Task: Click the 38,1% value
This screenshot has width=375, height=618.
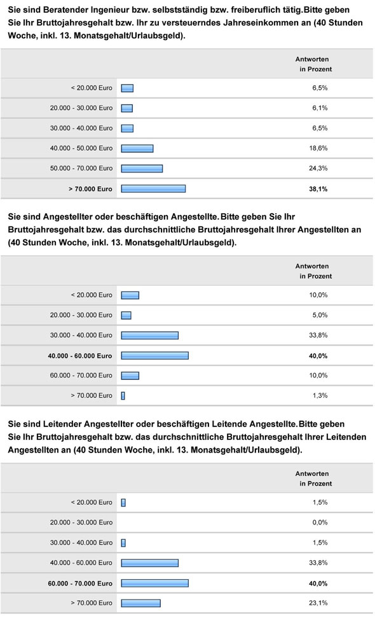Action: coord(319,188)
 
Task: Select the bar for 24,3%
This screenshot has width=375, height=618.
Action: coord(142,168)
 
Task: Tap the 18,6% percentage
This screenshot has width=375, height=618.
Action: coord(319,148)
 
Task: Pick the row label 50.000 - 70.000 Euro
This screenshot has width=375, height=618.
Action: coord(81,168)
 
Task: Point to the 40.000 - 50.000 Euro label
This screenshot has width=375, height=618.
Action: coord(81,148)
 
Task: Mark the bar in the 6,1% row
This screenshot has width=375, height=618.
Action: coord(126,108)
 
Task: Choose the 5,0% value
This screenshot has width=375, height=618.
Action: coord(319,314)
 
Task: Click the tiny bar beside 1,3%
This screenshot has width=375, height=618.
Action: coord(123,396)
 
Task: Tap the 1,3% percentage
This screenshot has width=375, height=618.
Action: coord(319,396)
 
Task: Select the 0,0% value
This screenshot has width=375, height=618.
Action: coord(319,522)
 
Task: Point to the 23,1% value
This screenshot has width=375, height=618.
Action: coord(319,603)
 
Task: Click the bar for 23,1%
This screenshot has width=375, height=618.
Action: coord(140,603)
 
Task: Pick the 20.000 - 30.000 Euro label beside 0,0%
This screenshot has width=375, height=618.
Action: coord(81,522)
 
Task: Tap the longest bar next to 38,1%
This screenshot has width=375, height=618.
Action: coord(153,188)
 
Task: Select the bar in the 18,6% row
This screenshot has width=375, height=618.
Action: coord(137,148)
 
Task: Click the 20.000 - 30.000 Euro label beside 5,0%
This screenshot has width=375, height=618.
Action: coord(81,314)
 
